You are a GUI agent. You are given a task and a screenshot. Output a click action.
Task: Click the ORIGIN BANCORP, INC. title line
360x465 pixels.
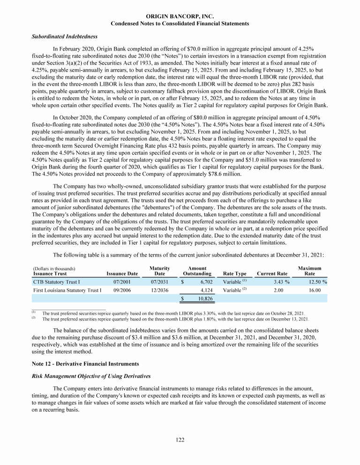pos(180,16)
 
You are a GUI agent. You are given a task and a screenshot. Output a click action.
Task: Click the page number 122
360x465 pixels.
pos(180,441)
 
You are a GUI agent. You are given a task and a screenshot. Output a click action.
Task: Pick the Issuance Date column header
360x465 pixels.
pos(122,273)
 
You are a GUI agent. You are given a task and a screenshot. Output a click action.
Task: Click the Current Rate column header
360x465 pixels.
pos(272,273)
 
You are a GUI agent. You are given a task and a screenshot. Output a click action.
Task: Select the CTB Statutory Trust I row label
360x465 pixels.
pos(57,282)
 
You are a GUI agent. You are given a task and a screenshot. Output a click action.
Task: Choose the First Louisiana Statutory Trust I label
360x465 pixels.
pos(67,291)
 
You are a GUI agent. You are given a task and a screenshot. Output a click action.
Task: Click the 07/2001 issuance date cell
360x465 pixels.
pos(122,282)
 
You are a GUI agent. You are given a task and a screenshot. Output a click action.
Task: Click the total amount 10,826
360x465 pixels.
pos(204,298)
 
